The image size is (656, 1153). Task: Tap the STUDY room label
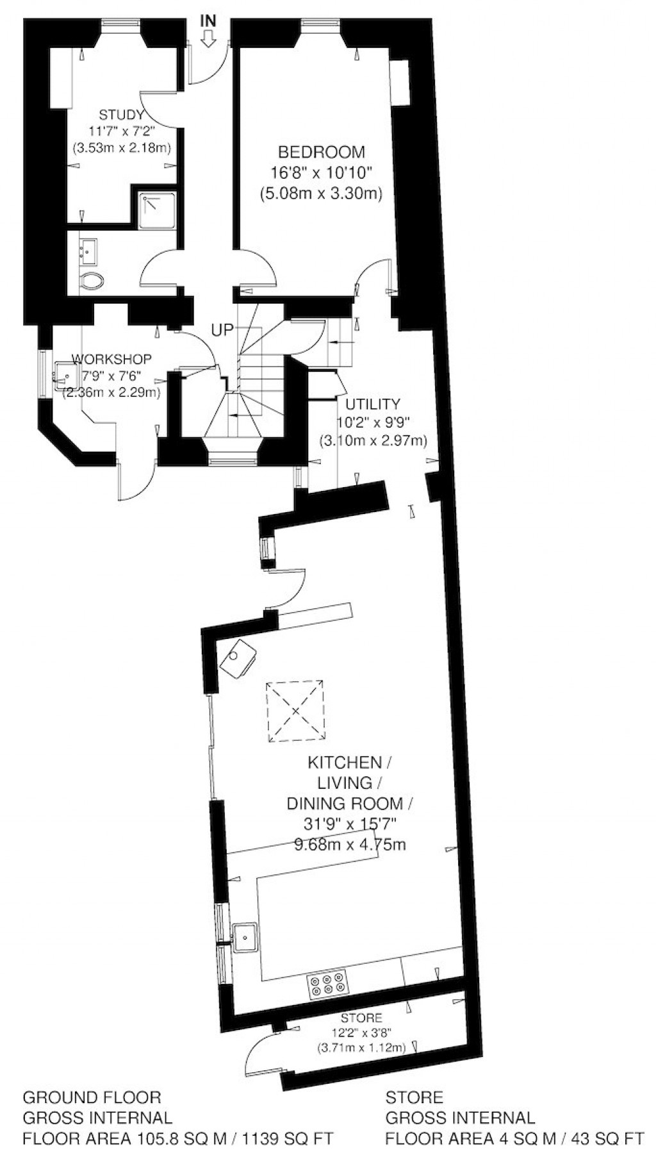[x=121, y=115]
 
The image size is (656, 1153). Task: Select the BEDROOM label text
[x=321, y=153]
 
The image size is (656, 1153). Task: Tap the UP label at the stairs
[x=223, y=331]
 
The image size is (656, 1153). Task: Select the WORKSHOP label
[x=111, y=359]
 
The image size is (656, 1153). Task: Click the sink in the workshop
[x=65, y=373]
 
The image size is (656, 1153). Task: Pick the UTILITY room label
[x=372, y=404]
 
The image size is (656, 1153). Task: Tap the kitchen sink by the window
[x=245, y=938]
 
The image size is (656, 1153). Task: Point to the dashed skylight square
[x=295, y=711]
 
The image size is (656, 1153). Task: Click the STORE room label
[x=361, y=1018]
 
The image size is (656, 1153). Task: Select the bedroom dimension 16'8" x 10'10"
[x=321, y=172]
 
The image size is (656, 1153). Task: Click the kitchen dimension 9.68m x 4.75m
[x=350, y=844]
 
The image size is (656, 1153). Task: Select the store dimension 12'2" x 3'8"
[x=361, y=1033]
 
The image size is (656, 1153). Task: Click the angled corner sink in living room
[x=238, y=656]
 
